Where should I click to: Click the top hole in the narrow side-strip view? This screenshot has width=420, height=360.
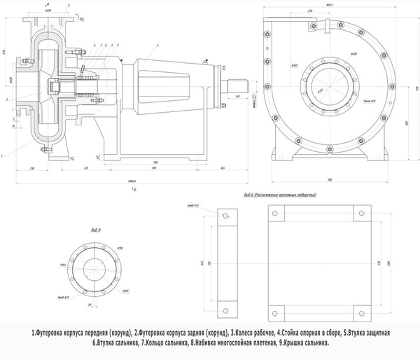tap(225, 217)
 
